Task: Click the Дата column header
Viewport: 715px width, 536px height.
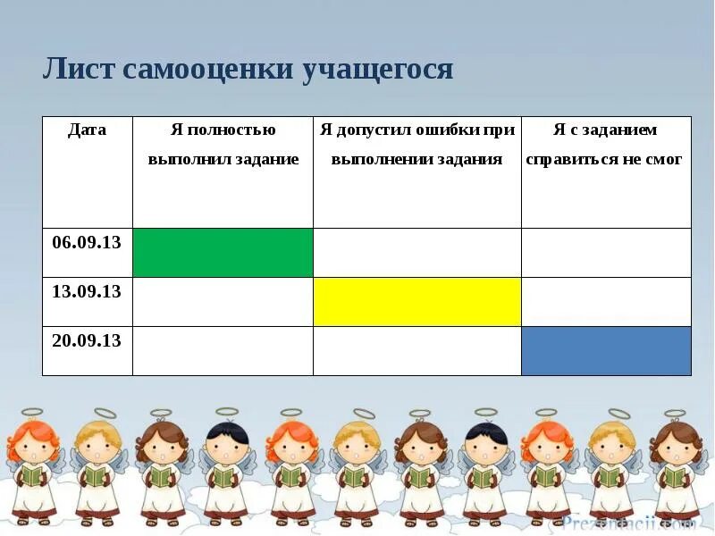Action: (87, 130)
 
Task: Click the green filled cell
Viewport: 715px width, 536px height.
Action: (223, 253)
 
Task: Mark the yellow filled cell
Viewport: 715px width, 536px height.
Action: (416, 302)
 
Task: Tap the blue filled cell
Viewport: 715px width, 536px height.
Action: (606, 351)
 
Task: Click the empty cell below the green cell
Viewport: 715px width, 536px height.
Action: (223, 302)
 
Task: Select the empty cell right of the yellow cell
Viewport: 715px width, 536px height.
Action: (606, 302)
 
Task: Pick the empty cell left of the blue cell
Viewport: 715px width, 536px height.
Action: (416, 351)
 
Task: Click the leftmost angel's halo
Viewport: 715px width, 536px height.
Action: (32, 413)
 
